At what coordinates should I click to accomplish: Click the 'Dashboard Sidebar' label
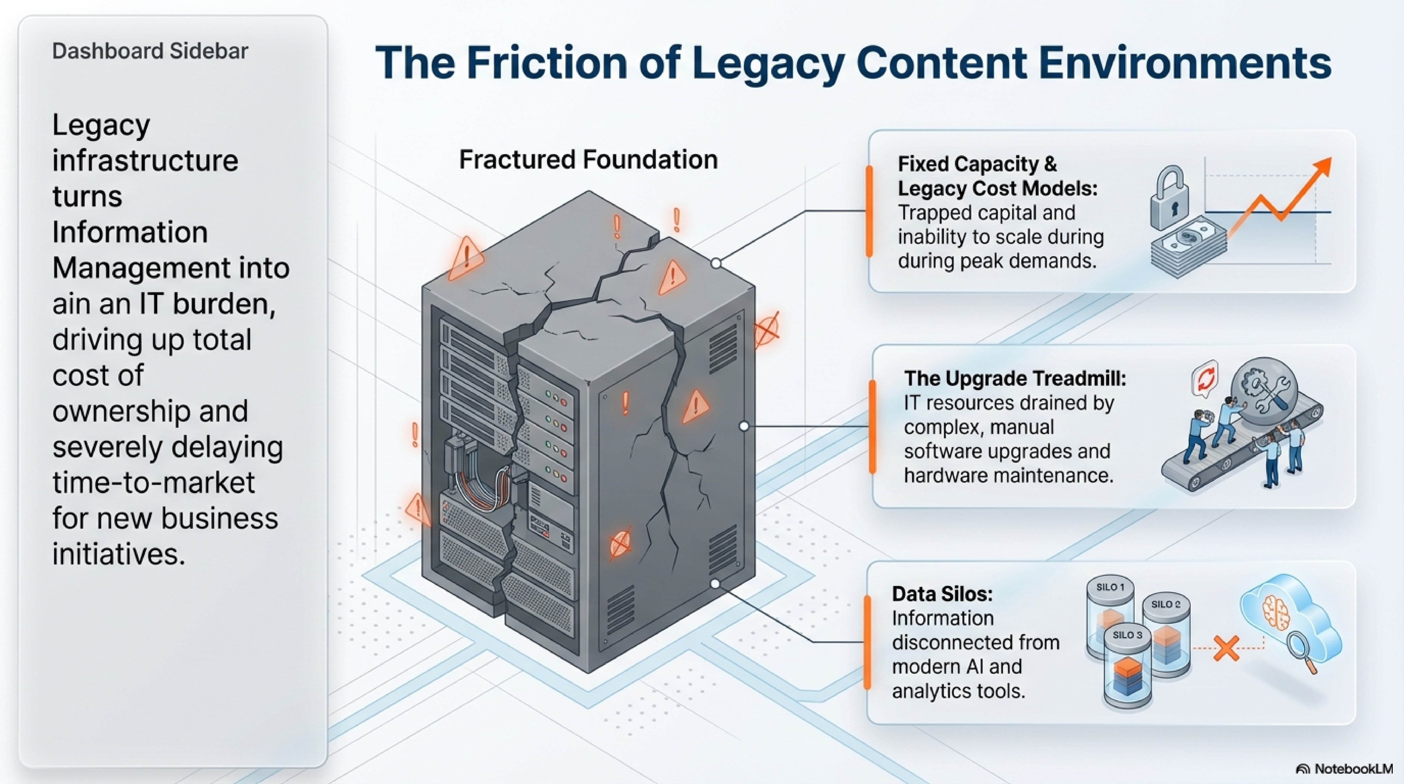pyautogui.click(x=150, y=51)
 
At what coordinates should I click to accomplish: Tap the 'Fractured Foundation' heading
pyautogui.click(x=588, y=160)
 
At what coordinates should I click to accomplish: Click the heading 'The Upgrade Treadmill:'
pyautogui.click(x=1015, y=378)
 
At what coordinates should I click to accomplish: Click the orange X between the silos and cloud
pyautogui.click(x=1226, y=649)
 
